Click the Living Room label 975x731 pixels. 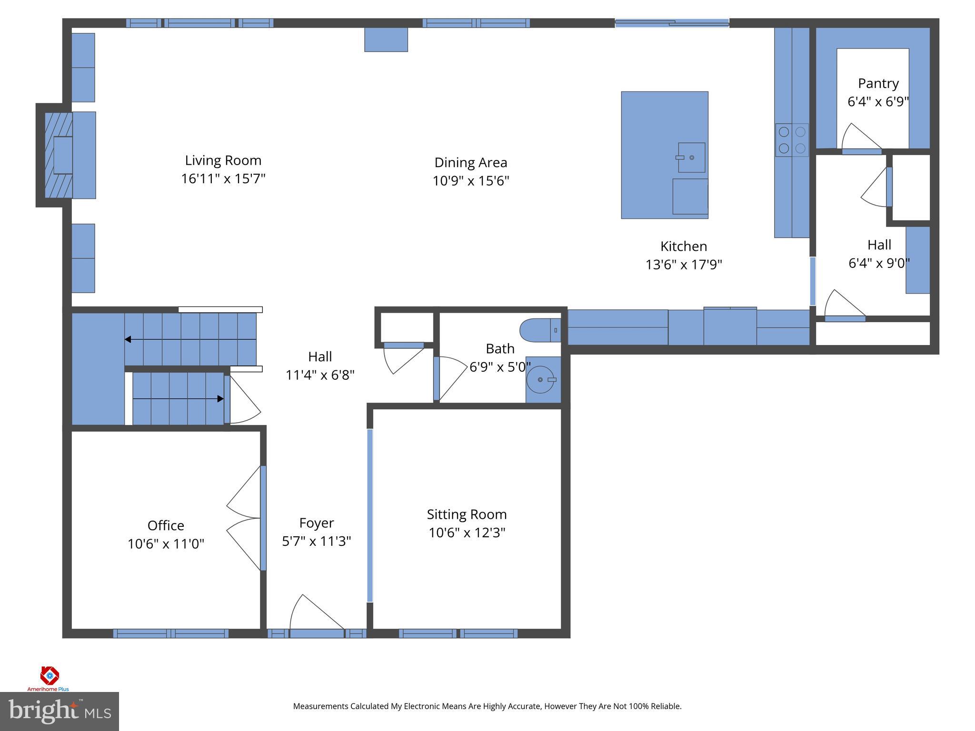223,160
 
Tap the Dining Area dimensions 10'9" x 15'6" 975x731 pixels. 470,181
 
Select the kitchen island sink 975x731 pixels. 691,158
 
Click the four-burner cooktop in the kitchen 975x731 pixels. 792,140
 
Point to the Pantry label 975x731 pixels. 878,83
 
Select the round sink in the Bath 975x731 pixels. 541,380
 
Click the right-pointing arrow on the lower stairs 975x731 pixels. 219,399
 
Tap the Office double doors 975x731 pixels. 245,518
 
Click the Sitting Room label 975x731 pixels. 466,514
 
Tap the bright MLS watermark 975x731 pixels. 59,711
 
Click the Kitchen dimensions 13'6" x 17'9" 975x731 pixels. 683,265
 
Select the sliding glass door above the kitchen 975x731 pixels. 671,23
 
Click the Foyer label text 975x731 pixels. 316,523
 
